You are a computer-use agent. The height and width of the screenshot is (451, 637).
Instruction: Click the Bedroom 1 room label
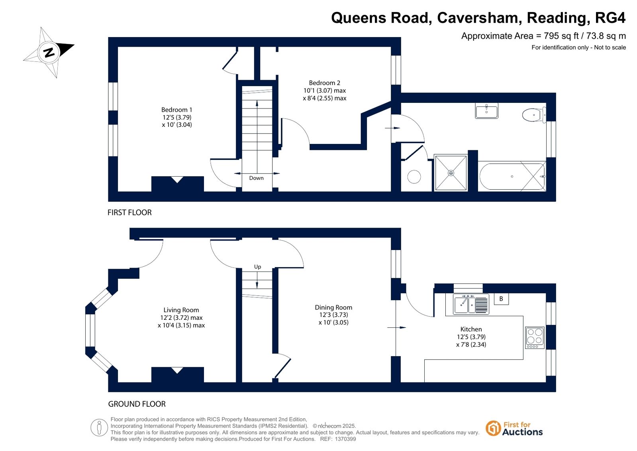(x=177, y=110)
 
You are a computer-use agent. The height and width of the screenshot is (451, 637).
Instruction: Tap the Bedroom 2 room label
(x=324, y=83)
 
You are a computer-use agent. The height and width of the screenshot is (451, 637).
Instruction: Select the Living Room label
(x=181, y=310)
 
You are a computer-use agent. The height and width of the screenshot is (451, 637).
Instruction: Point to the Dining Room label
(x=333, y=307)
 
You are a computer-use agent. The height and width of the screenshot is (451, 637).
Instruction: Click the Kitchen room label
(x=471, y=329)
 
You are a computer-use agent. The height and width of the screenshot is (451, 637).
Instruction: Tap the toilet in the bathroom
(x=534, y=115)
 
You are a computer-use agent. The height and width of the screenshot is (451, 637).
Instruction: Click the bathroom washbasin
(x=486, y=111)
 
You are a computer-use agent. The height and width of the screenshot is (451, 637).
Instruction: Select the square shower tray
(x=451, y=173)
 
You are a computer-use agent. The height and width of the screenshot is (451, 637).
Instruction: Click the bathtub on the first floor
(x=512, y=176)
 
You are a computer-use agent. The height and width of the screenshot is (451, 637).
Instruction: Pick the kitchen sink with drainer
(x=471, y=304)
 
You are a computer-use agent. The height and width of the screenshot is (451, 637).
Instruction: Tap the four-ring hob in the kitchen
(x=535, y=338)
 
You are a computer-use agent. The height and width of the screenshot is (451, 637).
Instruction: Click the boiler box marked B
(x=501, y=299)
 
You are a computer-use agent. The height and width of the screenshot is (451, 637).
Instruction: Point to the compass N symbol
(x=49, y=52)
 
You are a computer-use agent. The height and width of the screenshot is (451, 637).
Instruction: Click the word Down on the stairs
(x=256, y=178)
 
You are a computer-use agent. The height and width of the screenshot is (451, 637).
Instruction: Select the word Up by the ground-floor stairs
(x=257, y=267)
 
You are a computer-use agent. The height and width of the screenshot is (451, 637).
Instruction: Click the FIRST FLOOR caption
(x=129, y=213)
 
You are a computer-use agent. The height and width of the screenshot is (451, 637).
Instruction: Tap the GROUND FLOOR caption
(x=137, y=404)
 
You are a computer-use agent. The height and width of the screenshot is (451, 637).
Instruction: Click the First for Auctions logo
(x=514, y=429)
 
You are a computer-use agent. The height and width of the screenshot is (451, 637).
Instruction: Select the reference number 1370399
(x=345, y=439)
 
